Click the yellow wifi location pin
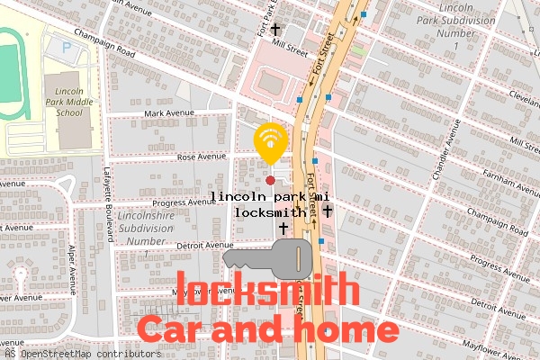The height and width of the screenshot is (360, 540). [270, 140]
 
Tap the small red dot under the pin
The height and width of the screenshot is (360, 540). [270, 166]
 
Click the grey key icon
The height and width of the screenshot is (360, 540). [266, 259]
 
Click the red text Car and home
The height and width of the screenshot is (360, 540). [266, 329]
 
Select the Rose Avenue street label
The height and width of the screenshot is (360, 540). [199, 157]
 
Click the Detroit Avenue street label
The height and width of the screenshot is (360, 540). [204, 245]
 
